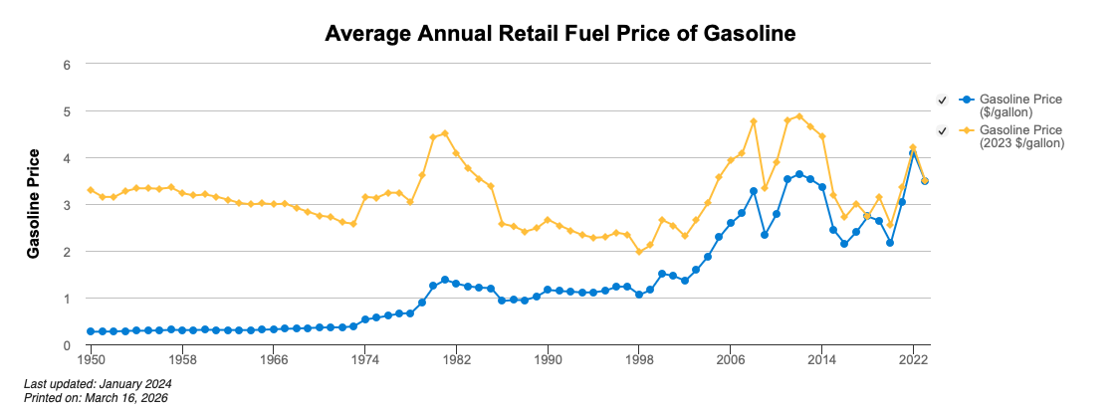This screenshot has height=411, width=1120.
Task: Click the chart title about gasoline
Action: click(x=560, y=34)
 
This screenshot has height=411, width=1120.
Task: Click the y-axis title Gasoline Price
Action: click(x=33, y=204)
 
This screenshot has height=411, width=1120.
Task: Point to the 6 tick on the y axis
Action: click(x=68, y=65)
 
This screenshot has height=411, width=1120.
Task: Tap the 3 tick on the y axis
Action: click(x=68, y=205)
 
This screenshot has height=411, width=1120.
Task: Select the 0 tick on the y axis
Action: click(x=68, y=345)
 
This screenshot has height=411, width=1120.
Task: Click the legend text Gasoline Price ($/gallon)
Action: click(x=1020, y=105)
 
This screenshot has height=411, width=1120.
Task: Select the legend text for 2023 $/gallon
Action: click(x=1021, y=136)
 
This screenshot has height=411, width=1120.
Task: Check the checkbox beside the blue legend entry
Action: click(x=942, y=100)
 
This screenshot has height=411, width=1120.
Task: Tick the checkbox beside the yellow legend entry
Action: click(x=942, y=130)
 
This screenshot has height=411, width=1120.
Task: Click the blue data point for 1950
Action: click(x=91, y=331)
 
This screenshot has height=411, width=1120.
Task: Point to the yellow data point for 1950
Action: click(x=91, y=190)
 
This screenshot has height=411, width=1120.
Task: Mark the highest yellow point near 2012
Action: click(x=799, y=116)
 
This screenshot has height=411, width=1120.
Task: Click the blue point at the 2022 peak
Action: click(x=913, y=153)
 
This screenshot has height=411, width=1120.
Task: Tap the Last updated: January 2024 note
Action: click(x=98, y=383)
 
